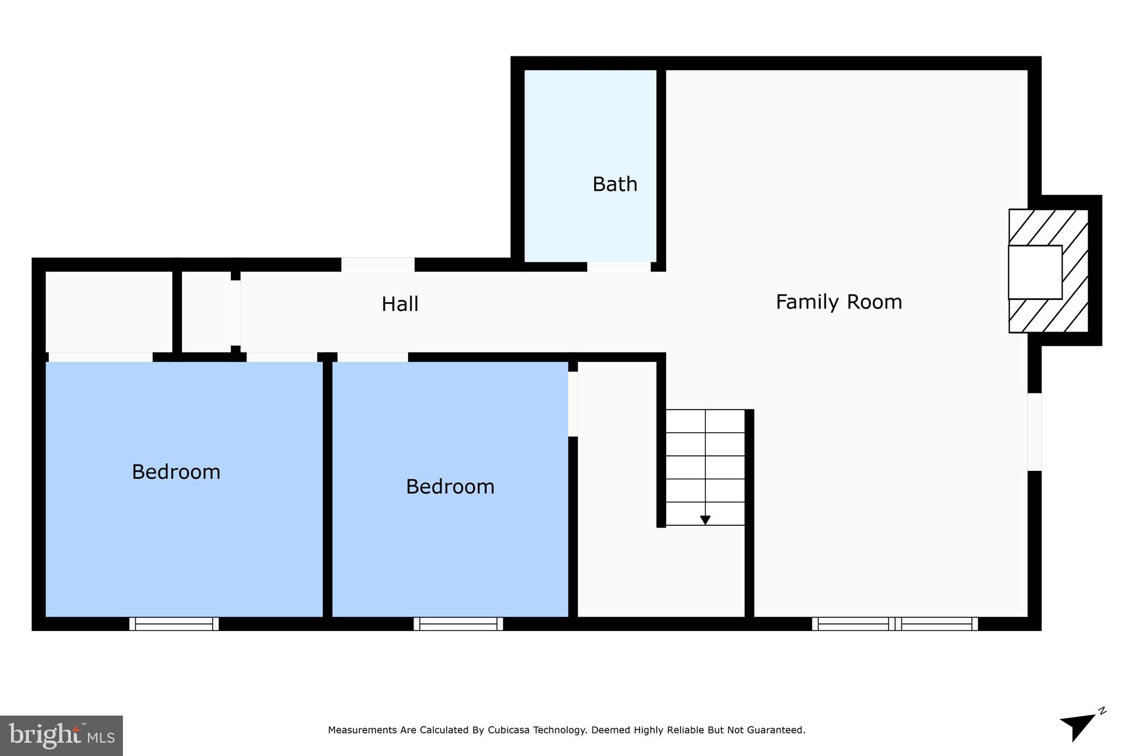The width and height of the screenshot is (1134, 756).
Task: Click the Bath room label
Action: [615, 184]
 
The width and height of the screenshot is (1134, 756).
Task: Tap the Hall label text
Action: [400, 304]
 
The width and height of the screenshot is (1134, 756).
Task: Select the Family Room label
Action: [838, 302]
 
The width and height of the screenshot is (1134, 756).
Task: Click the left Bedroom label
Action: [176, 472]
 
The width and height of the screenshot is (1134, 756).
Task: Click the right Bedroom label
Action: [450, 487]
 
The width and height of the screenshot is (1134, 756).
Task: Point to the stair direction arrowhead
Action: [705, 520]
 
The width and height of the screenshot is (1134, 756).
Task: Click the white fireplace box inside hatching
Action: [1034, 272]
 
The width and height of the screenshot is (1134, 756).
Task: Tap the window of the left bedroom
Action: [174, 624]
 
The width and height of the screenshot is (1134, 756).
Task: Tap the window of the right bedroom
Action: [458, 624]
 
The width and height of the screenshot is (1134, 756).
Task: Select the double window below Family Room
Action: [894, 624]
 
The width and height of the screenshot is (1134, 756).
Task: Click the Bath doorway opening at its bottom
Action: [618, 267]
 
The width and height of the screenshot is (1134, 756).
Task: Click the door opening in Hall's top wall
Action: [378, 265]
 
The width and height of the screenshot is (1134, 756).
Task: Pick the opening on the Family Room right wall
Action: [1034, 432]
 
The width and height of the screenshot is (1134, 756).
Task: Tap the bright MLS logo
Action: [61, 736]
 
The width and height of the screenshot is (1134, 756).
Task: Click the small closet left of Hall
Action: [206, 312]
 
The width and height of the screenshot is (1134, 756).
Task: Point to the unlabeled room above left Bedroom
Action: [109, 312]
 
